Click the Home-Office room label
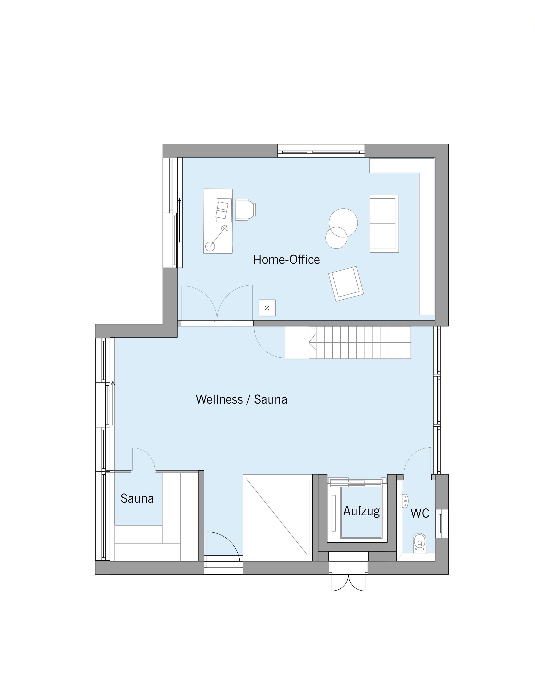tap(286, 260)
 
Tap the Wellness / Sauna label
tap(241, 400)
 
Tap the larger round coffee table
tap(343, 223)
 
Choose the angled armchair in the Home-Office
tap(346, 284)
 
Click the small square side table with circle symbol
tap(267, 308)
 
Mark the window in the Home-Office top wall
tap(321, 151)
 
